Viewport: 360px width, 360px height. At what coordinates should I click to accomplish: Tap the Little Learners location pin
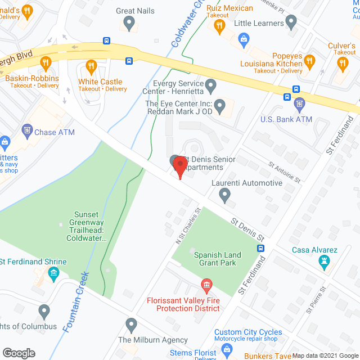click(291, 22)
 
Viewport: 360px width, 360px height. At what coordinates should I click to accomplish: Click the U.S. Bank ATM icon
click(299, 104)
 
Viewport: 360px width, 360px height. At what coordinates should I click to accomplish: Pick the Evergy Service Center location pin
click(211, 87)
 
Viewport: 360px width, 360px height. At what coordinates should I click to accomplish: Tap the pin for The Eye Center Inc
click(220, 105)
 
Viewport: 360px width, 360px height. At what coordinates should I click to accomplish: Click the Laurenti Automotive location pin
click(225, 196)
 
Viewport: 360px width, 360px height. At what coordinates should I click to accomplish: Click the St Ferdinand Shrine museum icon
click(53, 273)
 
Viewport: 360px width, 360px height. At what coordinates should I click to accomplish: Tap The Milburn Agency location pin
click(131, 325)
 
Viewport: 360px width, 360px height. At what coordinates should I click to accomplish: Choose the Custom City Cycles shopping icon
click(227, 350)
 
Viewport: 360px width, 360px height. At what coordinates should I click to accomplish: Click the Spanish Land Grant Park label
click(217, 259)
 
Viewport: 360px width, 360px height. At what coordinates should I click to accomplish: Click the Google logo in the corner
click(19, 353)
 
